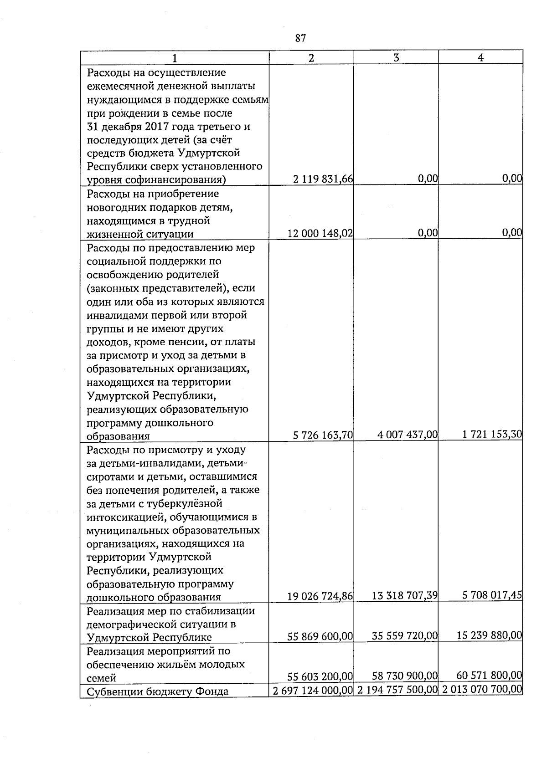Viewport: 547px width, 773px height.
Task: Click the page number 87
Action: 300,38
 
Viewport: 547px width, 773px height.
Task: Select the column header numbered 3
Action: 396,58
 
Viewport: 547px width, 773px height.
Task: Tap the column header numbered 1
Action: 175,58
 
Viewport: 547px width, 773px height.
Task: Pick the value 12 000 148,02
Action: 320,233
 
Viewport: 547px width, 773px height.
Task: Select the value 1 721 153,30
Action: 492,434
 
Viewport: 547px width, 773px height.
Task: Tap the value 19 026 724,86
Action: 320,596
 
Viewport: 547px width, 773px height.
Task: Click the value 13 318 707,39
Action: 405,595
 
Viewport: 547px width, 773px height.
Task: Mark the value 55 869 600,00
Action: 320,636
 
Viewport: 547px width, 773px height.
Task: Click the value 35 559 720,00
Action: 405,635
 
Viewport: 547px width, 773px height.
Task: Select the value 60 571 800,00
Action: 489,675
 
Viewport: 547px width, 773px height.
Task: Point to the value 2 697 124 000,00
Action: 313,691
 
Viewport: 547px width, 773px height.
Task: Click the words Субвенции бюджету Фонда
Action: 157,691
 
